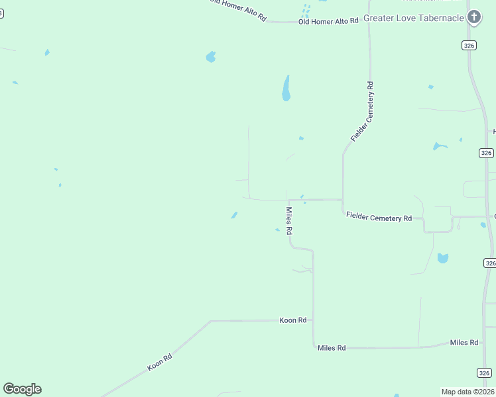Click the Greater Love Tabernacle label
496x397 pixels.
[413, 18]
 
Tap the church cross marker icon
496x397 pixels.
[473, 17]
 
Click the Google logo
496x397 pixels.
[22, 388]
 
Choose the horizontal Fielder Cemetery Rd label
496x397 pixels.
[379, 218]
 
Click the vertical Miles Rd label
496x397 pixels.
[289, 221]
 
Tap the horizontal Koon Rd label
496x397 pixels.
[292, 320]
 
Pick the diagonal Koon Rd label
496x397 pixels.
[160, 361]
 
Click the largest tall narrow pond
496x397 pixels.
[286, 88]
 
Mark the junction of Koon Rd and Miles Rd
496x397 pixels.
[313, 321]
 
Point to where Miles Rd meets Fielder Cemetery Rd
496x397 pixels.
[288, 199]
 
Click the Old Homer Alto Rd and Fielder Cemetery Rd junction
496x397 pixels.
[369, 22]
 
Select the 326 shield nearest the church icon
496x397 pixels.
[469, 45]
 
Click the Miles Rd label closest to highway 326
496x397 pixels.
[464, 342]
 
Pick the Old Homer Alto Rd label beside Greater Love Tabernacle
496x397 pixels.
[328, 21]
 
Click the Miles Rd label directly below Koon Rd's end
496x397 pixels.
[332, 347]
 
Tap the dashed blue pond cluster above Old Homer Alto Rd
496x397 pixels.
[306, 11]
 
